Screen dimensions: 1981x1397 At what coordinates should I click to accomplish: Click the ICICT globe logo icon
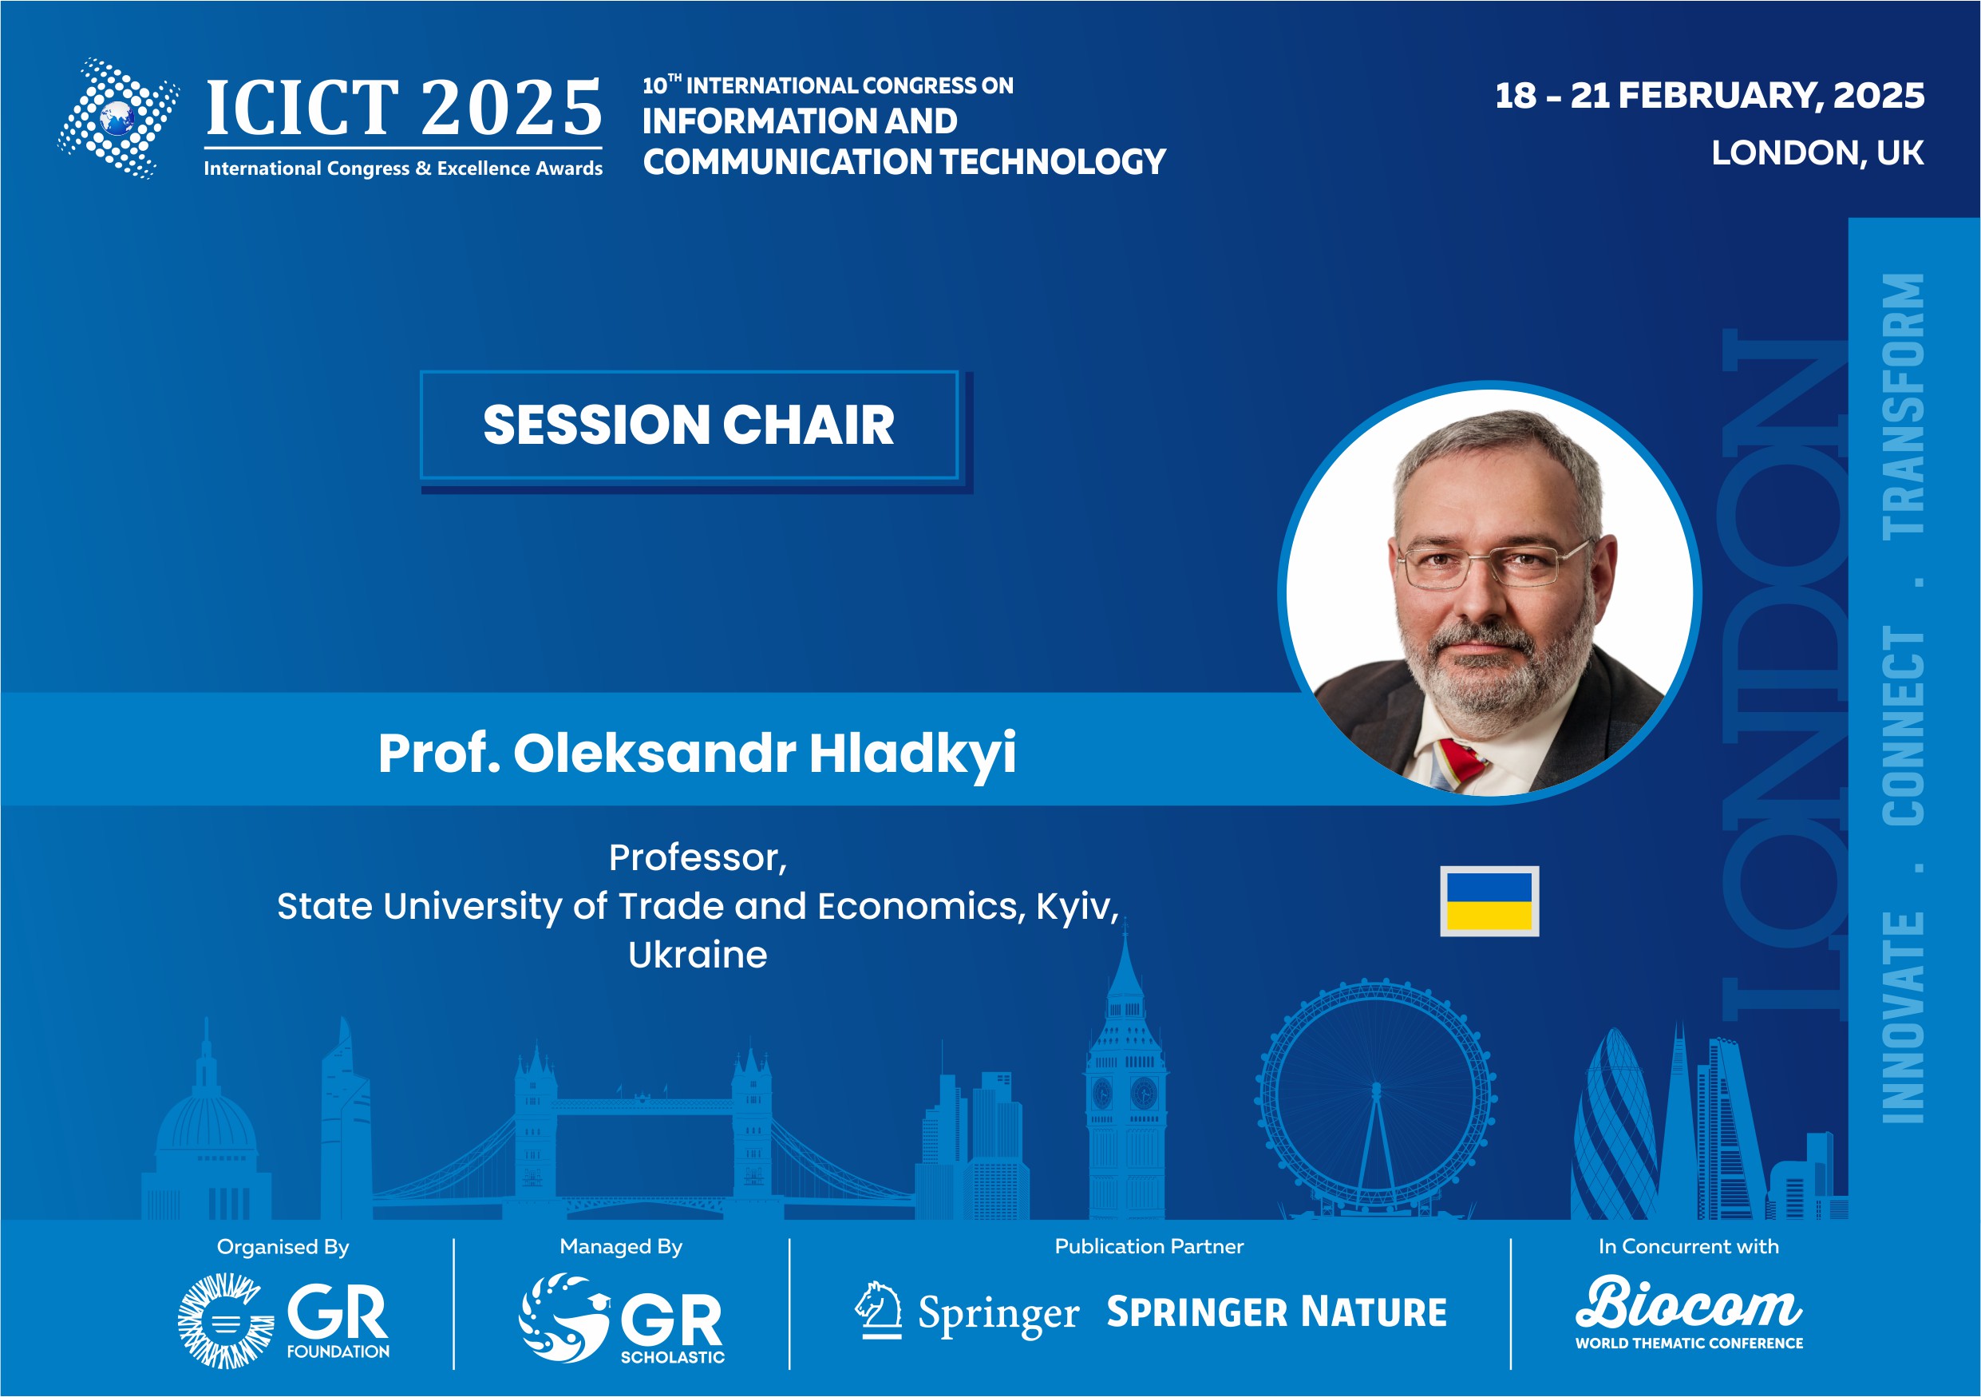(x=118, y=118)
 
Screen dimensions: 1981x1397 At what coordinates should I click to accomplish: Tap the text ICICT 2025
(x=404, y=108)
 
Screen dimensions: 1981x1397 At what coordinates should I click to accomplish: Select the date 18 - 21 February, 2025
(x=1709, y=96)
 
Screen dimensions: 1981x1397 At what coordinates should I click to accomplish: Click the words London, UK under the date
(x=1817, y=152)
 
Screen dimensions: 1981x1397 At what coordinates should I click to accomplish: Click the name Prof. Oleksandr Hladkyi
(x=697, y=753)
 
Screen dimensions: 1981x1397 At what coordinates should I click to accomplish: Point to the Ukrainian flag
(x=1489, y=900)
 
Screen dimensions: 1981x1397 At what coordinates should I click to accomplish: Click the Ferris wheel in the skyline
(x=1375, y=1098)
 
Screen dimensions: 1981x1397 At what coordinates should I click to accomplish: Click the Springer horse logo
(x=878, y=1310)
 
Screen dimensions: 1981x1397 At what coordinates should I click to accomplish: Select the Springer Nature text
(x=1277, y=1312)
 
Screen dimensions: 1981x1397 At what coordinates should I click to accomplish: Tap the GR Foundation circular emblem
(x=225, y=1320)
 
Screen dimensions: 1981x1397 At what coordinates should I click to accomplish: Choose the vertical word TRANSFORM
(x=1904, y=406)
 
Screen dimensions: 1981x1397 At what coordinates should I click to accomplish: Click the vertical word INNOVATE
(x=1904, y=1017)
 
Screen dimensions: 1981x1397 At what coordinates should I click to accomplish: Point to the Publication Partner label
(x=1149, y=1246)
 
